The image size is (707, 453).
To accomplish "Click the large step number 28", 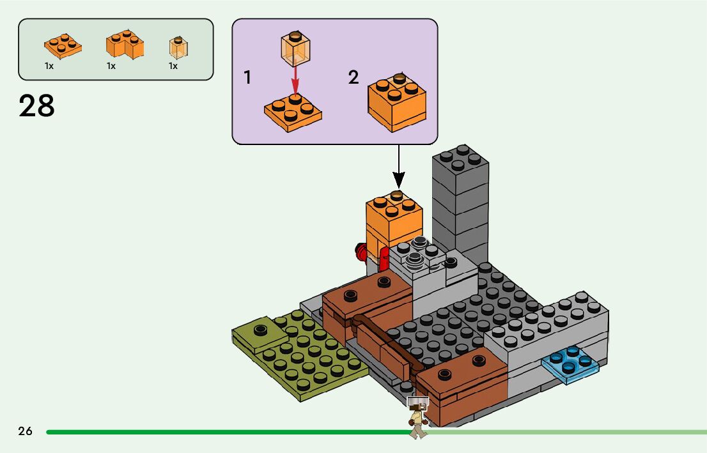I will pyautogui.click(x=37, y=107).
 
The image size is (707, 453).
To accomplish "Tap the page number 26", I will pyautogui.click(x=26, y=431).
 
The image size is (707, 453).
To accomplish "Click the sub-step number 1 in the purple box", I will pyautogui.click(x=247, y=78).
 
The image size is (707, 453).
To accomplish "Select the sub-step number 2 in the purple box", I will pyautogui.click(x=353, y=78).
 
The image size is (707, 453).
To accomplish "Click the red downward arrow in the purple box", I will pyautogui.click(x=295, y=81).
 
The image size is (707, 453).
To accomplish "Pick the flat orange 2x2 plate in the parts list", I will pyautogui.click(x=63, y=45).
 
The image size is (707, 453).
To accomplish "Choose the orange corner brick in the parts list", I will pyautogui.click(x=125, y=45).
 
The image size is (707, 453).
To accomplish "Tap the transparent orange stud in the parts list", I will pyautogui.click(x=178, y=47).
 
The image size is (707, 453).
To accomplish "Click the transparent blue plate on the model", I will pyautogui.click(x=570, y=366).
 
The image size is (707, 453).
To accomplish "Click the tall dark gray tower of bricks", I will pyautogui.click(x=460, y=198).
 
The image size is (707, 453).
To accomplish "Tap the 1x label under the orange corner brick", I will pyautogui.click(x=111, y=66).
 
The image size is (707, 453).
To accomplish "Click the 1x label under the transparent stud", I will pyautogui.click(x=173, y=66).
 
